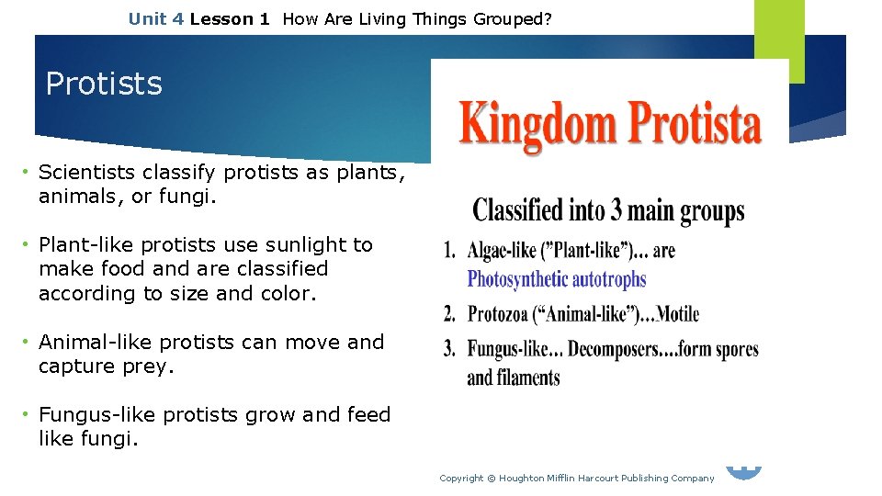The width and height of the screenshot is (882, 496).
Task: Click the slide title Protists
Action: [104, 84]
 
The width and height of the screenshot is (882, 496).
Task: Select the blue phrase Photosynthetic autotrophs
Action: [557, 279]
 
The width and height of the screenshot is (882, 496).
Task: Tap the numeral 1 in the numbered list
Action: [449, 251]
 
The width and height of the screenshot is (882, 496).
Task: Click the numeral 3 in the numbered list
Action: [449, 349]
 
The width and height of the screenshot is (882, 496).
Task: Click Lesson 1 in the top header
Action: [230, 18]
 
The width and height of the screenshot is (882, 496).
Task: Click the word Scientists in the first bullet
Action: [87, 172]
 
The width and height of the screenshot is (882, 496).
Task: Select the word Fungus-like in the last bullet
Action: [96, 415]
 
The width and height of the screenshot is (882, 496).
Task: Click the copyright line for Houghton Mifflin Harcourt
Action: [576, 478]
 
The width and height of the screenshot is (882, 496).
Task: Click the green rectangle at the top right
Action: [779, 37]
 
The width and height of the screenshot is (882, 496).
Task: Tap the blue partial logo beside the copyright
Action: [744, 472]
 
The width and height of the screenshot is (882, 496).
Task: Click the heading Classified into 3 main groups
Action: [608, 211]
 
